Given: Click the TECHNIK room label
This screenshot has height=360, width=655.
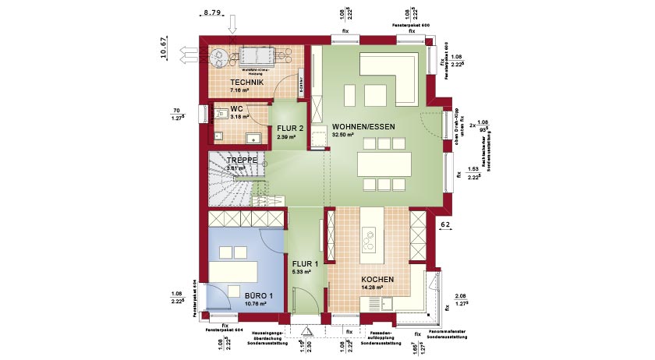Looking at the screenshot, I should pos(247,82).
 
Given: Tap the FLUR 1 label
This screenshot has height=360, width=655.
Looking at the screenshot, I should pos(305,263).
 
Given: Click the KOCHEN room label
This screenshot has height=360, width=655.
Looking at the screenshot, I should pos(377,279).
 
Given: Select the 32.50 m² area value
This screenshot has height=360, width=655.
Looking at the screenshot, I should pos(344,135).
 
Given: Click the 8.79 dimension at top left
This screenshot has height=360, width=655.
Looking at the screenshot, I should pos(211,13).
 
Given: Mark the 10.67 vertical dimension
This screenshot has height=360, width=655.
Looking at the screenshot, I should pos(164,48).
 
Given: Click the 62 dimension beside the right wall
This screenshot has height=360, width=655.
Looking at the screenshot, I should pos(445,224).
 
